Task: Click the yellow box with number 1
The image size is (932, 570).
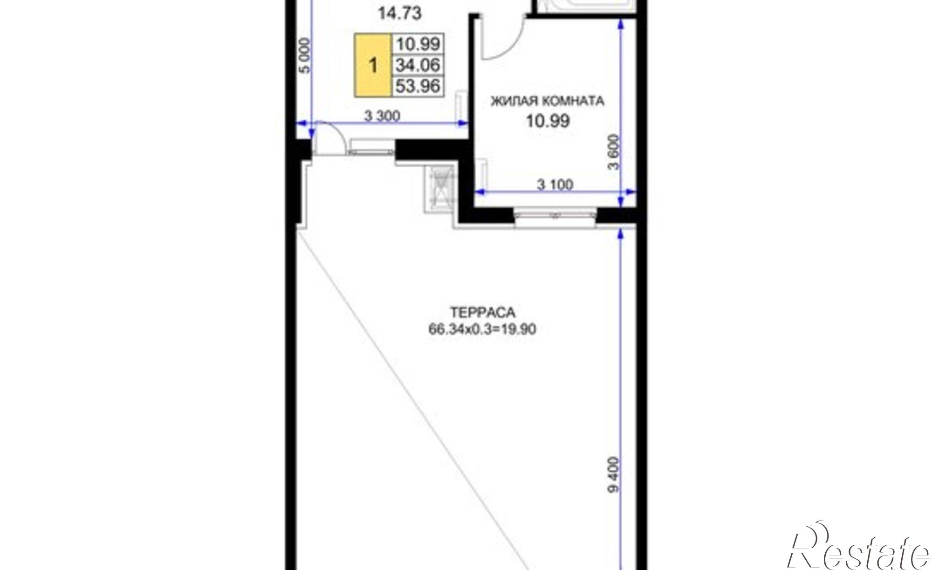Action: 373,65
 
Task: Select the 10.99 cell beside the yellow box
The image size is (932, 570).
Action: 418,44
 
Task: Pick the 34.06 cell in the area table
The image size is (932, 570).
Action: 418,65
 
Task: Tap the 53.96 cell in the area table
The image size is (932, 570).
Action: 418,86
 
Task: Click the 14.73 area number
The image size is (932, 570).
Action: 399,14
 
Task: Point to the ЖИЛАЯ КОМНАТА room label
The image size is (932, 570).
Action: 548,101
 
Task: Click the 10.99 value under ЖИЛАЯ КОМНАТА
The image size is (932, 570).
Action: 548,121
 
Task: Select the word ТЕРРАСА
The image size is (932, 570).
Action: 482,311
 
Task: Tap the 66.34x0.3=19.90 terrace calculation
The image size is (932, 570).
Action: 482,330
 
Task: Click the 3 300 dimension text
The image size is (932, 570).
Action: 382,116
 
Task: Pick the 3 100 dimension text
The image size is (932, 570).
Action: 555,185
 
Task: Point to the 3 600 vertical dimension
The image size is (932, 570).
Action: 615,152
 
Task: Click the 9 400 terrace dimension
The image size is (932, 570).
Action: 615,474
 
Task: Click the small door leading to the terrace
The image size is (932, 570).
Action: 329,137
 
